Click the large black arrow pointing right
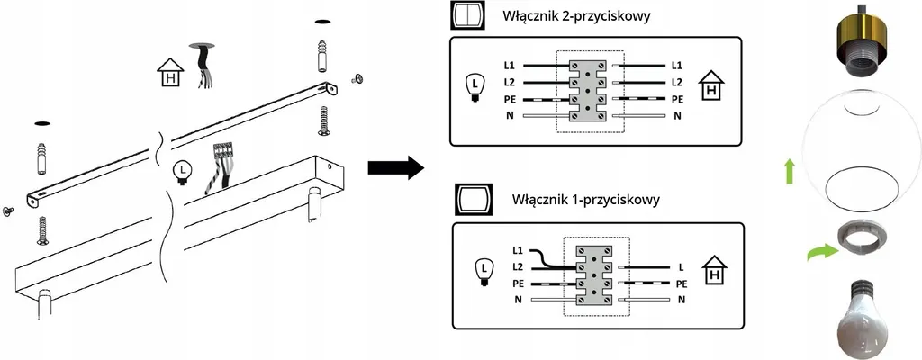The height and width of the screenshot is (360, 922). [x=395, y=167]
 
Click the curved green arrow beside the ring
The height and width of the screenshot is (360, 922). [x=819, y=255]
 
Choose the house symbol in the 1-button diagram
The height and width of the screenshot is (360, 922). [x=715, y=272]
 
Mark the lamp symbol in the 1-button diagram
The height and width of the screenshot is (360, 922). [x=484, y=269]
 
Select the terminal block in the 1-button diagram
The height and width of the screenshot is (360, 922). [x=594, y=274]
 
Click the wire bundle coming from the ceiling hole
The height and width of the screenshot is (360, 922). [x=200, y=67]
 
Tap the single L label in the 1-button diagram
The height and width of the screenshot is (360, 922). [x=682, y=266]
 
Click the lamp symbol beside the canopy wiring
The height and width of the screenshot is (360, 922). [x=183, y=170]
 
